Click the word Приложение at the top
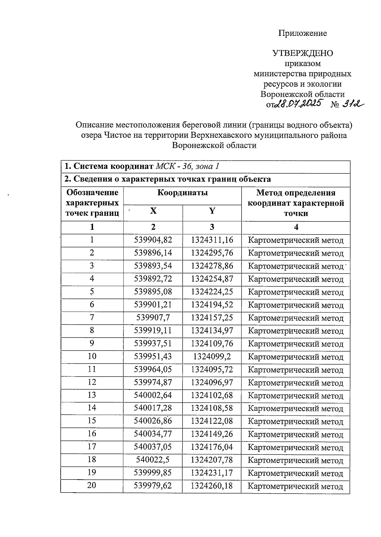[303, 33]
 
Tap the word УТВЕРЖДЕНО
[303, 53]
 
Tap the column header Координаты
[183, 193]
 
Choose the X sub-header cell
[153, 211]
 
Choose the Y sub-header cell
[212, 211]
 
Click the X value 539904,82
[153, 240]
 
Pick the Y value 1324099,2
[212, 356]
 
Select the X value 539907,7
[153, 317]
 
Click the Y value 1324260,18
[212, 486]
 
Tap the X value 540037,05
[153, 447]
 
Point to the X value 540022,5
[153, 460]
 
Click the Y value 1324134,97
[212, 330]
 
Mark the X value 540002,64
[153, 395]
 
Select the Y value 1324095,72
[212, 369]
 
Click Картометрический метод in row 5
[296, 292]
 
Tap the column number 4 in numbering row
[296, 227]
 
